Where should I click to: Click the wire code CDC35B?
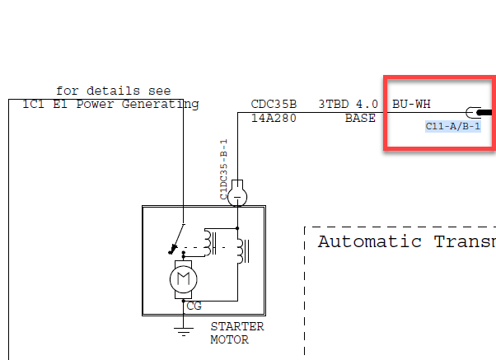(x=273, y=105)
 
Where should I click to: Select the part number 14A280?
(x=273, y=118)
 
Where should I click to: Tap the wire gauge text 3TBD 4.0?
(x=348, y=105)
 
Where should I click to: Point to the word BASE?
(x=360, y=118)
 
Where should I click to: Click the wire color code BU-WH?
(x=411, y=105)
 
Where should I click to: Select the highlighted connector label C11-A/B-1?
(x=453, y=126)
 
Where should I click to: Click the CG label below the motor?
(x=194, y=306)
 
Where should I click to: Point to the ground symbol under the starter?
(x=183, y=330)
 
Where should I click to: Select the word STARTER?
(x=236, y=326)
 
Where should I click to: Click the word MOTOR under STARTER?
(x=229, y=339)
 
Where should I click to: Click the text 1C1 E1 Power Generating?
(x=110, y=104)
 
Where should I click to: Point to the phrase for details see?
(x=113, y=91)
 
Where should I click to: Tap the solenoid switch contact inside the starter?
(x=177, y=240)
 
